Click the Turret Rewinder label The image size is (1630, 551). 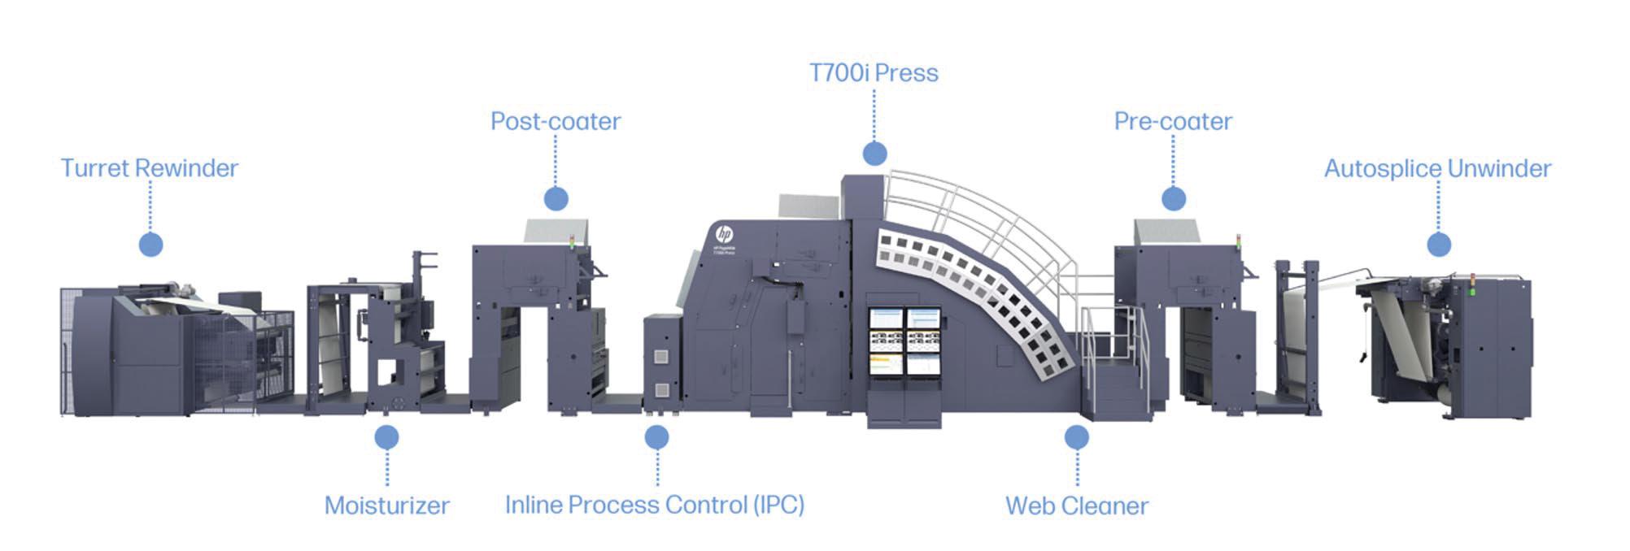150,168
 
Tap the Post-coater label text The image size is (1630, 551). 556,121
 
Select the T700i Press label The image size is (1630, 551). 874,73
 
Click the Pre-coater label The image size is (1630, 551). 1173,121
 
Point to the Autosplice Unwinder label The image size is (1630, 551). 1437,168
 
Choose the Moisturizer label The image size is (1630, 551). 387,505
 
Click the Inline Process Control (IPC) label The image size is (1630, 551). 655,505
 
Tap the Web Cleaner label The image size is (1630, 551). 1077,505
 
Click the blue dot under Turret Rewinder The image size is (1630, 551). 150,244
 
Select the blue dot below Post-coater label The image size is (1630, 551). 556,198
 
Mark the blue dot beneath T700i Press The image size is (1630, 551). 874,153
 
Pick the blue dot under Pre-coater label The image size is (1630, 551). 1173,198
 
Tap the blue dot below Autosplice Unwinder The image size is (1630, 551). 1438,244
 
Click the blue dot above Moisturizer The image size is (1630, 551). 386,437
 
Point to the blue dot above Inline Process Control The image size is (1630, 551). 656,437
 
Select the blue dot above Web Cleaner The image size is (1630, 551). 1077,437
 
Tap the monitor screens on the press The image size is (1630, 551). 904,341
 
